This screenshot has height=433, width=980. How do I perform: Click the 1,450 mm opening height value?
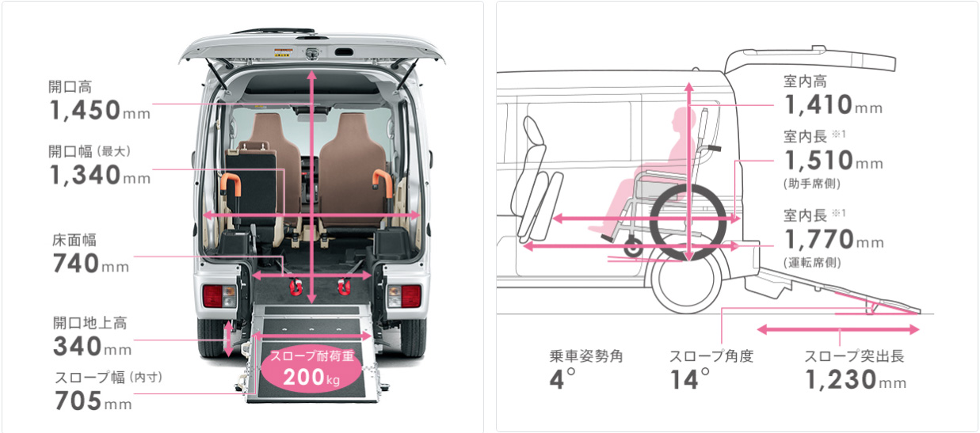point(100,110)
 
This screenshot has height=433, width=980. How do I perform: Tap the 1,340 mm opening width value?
point(100,175)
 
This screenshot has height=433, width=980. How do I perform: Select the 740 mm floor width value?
point(91,263)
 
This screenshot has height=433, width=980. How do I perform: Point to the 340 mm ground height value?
point(93,346)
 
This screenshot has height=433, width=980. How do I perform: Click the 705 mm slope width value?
point(93,401)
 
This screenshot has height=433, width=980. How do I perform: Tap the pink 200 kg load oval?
point(312,370)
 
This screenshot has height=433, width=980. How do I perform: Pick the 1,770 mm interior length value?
point(834,239)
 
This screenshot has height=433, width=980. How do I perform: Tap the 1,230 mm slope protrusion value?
point(856,379)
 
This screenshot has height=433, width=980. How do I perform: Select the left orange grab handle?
point(231,184)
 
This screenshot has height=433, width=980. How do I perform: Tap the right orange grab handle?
point(383,182)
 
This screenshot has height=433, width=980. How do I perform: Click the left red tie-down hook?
point(296,287)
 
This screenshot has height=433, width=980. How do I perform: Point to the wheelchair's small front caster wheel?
point(633,247)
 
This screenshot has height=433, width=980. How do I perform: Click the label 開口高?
point(70,87)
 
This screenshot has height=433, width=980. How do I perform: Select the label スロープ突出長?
point(855,356)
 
